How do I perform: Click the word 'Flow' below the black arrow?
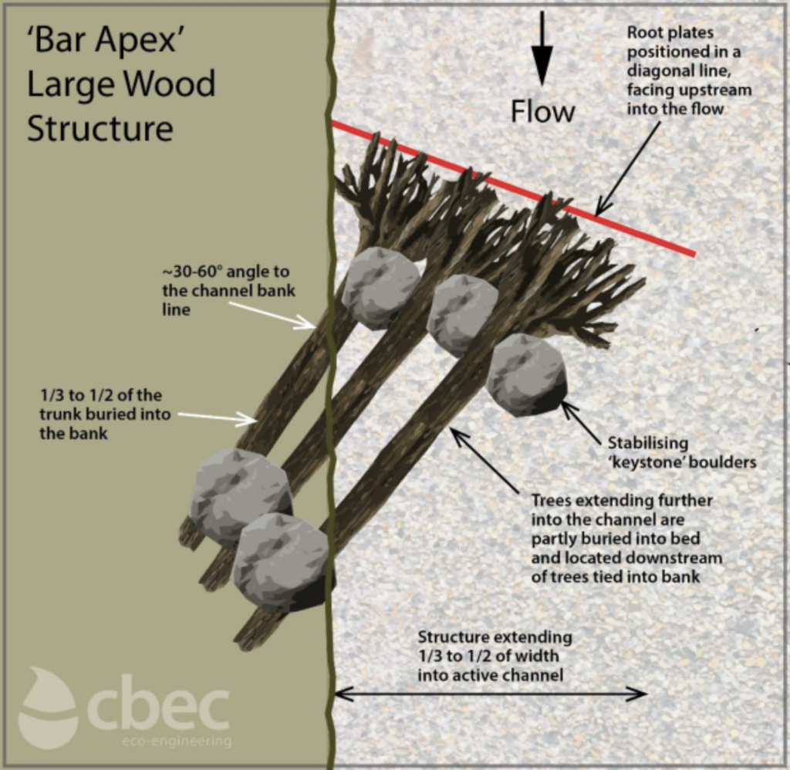(542, 112)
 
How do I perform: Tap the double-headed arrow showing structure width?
(490, 694)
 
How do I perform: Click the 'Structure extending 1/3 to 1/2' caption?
(495, 656)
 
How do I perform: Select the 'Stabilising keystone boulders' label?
(681, 453)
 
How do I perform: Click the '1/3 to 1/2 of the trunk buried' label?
(101, 414)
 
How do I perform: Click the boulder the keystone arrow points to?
(527, 374)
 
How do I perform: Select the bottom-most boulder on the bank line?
(282, 562)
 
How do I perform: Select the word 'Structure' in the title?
(100, 128)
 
